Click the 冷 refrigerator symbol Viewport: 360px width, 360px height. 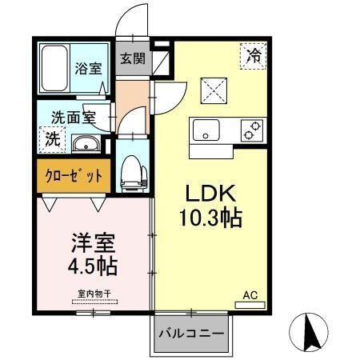coord(253,56)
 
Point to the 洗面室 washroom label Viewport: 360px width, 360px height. coord(70,117)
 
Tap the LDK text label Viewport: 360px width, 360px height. coord(210,194)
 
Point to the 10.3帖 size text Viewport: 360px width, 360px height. coord(210,216)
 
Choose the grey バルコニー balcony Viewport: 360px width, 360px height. coord(190,331)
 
